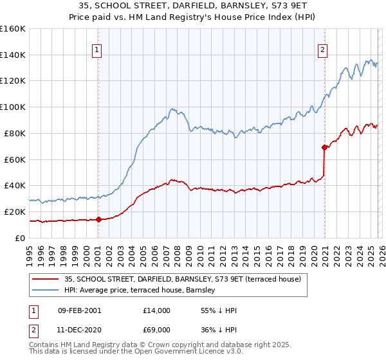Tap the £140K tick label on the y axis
[x=13, y=55]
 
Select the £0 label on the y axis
[x=21, y=238]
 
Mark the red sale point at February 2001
[x=98, y=219]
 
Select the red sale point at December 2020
[x=324, y=147]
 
